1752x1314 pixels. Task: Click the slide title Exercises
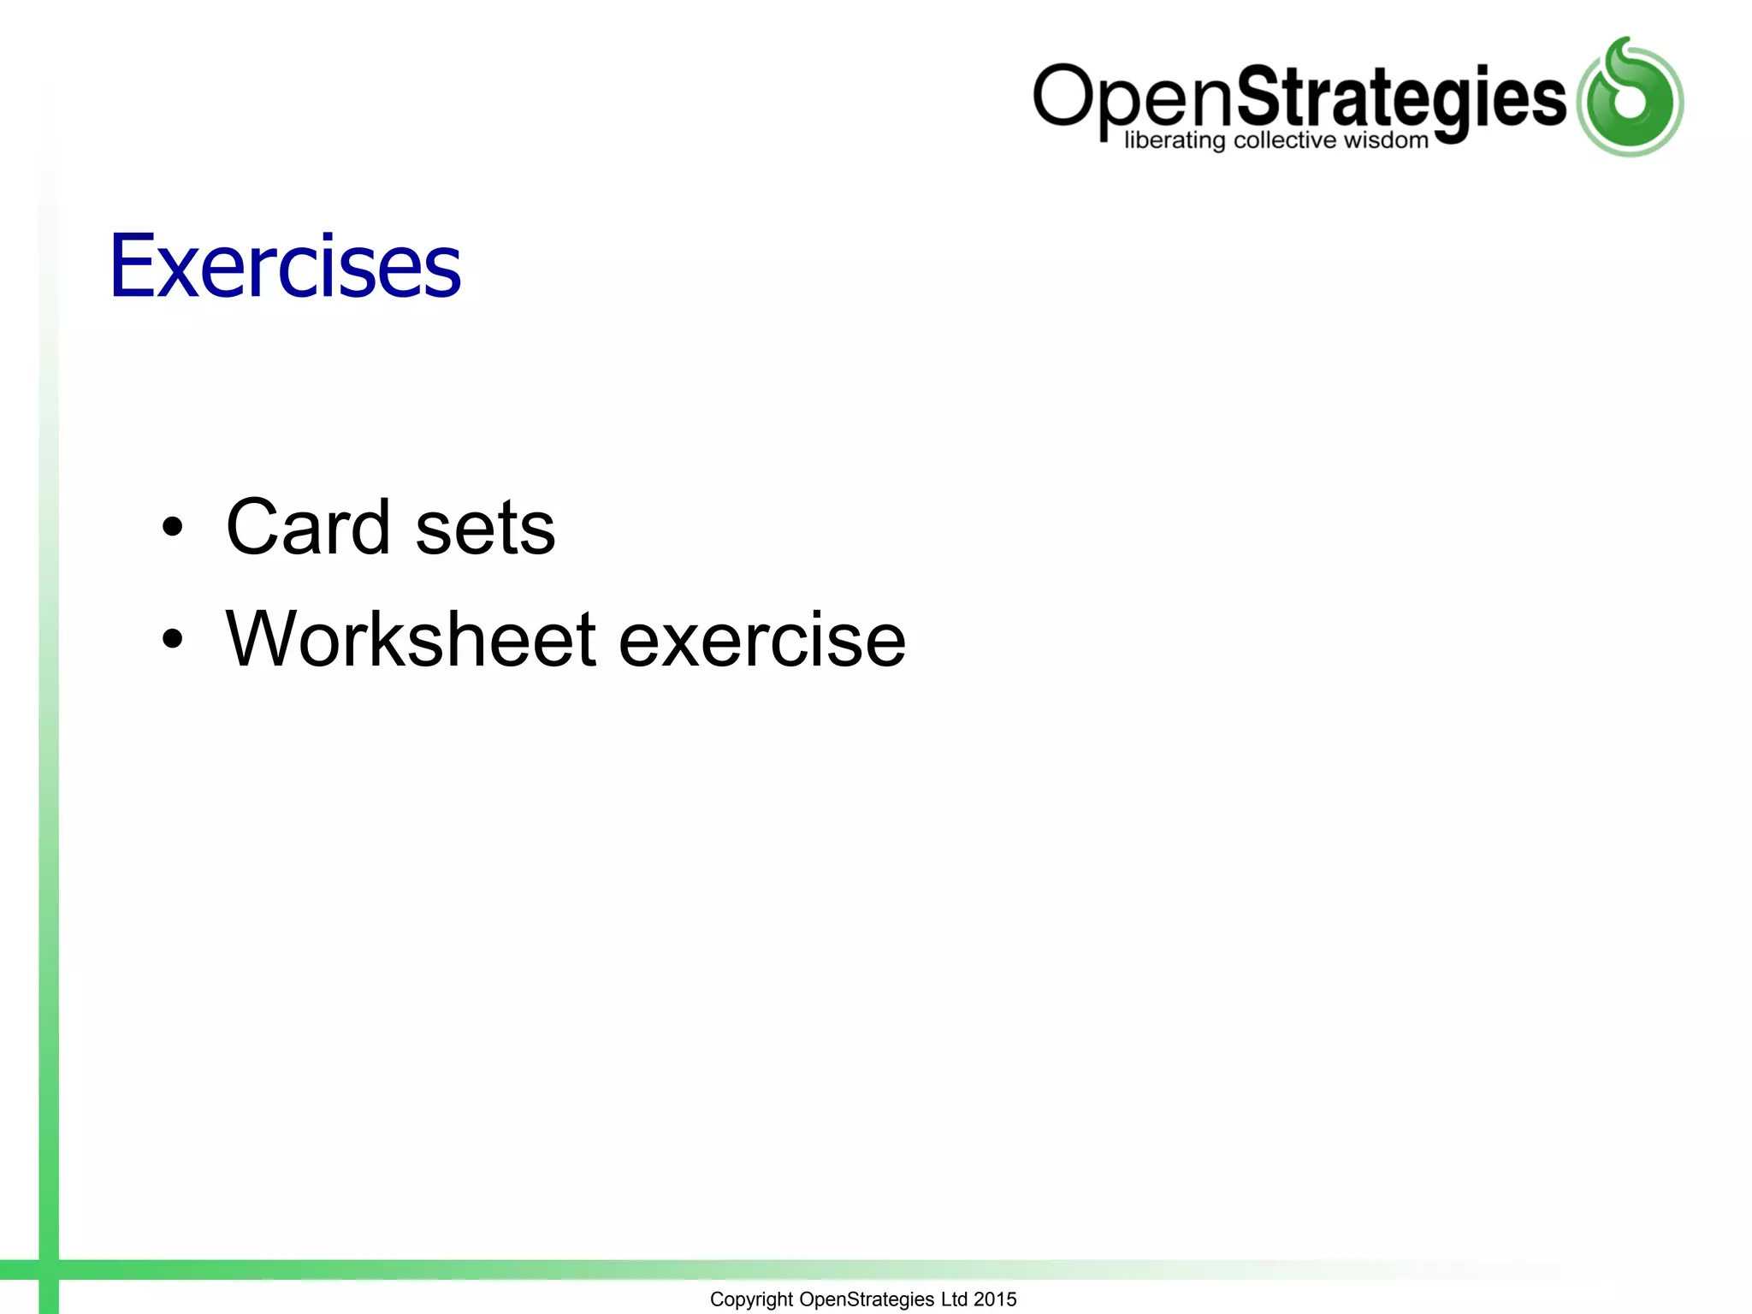click(285, 267)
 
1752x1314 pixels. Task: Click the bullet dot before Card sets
click(173, 527)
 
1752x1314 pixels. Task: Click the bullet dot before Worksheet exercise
click(173, 638)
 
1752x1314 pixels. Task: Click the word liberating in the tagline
click(1174, 140)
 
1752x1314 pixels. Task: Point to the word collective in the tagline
click(1284, 140)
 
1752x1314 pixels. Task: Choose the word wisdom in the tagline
click(1386, 140)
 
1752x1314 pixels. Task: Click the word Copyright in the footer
click(751, 1299)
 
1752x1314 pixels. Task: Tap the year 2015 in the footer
click(995, 1299)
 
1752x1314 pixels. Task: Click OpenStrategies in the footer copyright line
click(866, 1299)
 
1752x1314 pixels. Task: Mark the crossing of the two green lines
click(49, 1270)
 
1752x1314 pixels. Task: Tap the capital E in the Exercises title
click(131, 267)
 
